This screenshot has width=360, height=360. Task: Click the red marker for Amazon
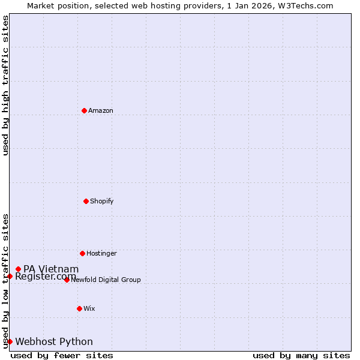click(x=84, y=110)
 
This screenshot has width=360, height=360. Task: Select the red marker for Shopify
click(x=86, y=201)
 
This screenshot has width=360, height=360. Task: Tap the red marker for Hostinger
click(x=82, y=253)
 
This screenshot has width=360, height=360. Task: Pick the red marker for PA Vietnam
click(x=18, y=269)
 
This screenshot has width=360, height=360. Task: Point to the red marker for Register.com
click(x=10, y=276)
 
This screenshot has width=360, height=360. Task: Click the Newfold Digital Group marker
click(x=67, y=280)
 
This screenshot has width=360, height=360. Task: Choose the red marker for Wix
click(x=79, y=308)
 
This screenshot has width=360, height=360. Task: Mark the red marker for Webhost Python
click(x=10, y=341)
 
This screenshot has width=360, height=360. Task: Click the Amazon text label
click(x=101, y=111)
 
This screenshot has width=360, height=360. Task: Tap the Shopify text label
click(x=102, y=202)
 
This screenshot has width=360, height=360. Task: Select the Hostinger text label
click(x=101, y=254)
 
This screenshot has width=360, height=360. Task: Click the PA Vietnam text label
click(x=51, y=269)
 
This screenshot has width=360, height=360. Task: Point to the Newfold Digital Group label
click(x=106, y=280)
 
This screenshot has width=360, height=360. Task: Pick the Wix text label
click(x=89, y=309)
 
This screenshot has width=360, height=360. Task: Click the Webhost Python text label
click(x=54, y=342)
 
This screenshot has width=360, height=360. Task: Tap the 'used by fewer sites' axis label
click(x=62, y=355)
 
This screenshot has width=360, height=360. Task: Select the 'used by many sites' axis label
click(x=301, y=355)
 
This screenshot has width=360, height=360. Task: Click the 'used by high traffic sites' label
click(x=6, y=85)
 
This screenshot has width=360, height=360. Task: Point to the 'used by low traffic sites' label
click(x=6, y=281)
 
